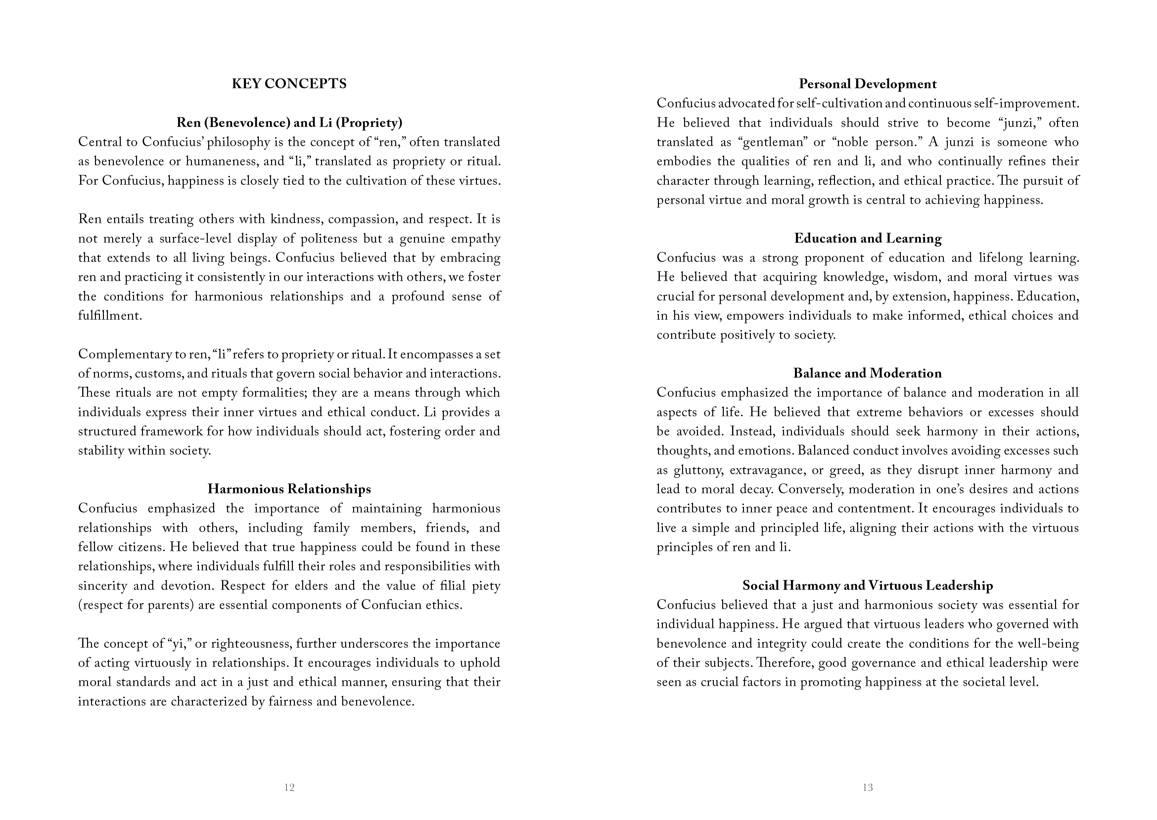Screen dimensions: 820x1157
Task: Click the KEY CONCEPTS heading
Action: coord(289,84)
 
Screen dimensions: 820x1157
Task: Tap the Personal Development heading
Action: coord(867,84)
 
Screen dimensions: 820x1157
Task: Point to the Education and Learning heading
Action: coord(867,238)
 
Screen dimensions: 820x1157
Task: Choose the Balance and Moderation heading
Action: coord(867,373)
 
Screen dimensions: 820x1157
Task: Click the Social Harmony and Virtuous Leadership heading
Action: coord(867,585)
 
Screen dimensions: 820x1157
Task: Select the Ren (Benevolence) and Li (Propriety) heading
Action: coord(289,123)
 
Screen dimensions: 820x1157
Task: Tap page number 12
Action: coord(289,787)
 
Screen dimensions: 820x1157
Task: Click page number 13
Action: coord(867,787)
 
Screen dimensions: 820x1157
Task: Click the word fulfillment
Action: coord(110,316)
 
